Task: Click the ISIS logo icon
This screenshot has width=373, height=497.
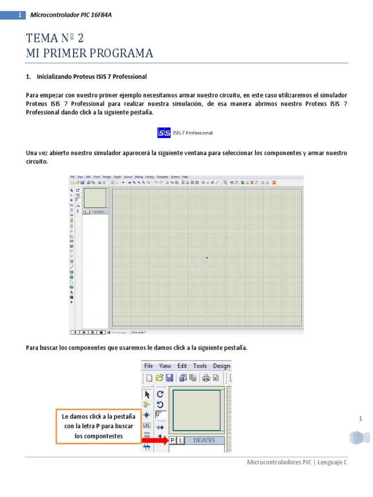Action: click(164, 132)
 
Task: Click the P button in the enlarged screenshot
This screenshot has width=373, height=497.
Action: click(172, 440)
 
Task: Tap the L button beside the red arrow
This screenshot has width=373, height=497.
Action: click(180, 440)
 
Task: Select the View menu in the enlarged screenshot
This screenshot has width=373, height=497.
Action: click(165, 366)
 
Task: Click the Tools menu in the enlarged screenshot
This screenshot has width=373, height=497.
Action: click(200, 366)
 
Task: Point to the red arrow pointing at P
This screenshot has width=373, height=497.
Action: click(154, 440)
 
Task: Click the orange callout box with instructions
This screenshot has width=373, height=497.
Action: click(98, 426)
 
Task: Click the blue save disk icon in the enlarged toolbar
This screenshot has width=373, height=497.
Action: click(170, 378)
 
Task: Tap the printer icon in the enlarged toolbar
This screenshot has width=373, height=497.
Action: click(206, 378)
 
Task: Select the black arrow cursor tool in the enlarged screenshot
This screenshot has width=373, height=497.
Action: click(147, 394)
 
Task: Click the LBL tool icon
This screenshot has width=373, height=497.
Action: click(147, 426)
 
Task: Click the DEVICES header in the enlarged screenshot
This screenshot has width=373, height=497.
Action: click(204, 440)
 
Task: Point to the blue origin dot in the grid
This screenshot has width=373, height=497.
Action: click(207, 257)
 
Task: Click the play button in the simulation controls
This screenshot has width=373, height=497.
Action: click(75, 332)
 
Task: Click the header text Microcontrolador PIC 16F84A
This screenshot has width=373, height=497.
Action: click(71, 15)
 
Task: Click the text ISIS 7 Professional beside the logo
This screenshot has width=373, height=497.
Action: click(193, 133)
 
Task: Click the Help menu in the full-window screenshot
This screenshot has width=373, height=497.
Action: click(185, 177)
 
